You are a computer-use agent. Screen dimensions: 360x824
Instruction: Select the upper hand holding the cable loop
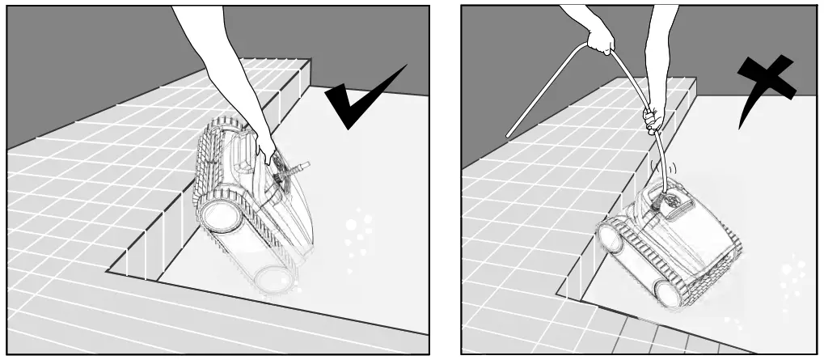[x=599, y=38]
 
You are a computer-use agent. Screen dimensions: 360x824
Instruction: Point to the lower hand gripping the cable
[x=653, y=120]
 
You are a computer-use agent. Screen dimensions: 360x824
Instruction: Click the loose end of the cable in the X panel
[x=509, y=133]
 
